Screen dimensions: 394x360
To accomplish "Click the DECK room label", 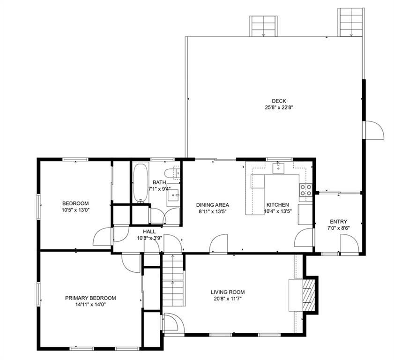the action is (x=279, y=101).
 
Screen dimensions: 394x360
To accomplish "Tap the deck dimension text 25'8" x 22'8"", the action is (x=279, y=108).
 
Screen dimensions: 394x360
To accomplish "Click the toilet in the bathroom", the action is (x=172, y=173).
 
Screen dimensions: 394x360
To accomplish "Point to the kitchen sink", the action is (x=278, y=168).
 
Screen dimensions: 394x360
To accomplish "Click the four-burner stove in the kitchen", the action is (x=306, y=190).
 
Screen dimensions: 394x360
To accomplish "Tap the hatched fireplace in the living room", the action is (x=308, y=294).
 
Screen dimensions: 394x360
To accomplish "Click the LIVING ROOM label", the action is (x=228, y=292).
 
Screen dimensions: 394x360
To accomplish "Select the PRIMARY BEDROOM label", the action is (x=90, y=298).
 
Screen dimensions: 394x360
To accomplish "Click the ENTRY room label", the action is (x=338, y=222).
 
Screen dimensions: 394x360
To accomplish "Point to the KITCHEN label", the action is (x=278, y=205).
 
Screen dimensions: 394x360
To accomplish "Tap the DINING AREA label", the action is (x=213, y=205).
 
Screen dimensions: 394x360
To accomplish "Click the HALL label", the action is (x=149, y=232).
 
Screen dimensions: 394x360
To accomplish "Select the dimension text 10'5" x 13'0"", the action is (x=75, y=210).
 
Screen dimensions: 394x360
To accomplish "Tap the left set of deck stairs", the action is (x=264, y=26).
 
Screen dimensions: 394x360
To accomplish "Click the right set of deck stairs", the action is (x=351, y=22).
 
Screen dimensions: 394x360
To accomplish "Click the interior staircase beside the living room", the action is (x=173, y=280).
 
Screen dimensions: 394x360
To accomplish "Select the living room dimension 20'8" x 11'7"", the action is (x=228, y=299).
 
